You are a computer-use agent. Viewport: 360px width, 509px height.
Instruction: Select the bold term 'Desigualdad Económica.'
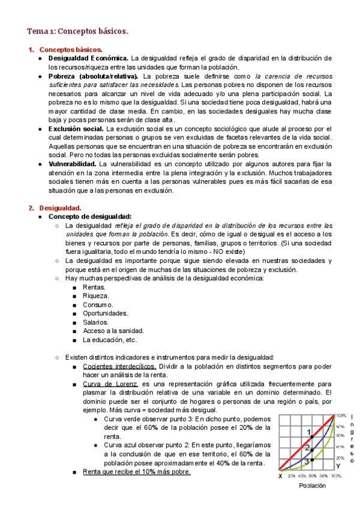[x=88, y=58]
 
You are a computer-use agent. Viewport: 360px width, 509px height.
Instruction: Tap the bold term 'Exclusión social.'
[x=76, y=129]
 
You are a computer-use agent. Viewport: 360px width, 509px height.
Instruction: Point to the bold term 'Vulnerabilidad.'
[x=73, y=164]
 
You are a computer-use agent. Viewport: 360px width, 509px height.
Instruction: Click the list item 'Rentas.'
[x=94, y=287]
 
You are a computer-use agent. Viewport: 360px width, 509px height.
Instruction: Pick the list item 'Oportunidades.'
[x=105, y=313]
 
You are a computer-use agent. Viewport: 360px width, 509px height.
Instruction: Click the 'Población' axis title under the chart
[x=313, y=486]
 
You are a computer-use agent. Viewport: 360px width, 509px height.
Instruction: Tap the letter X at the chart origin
[x=280, y=476]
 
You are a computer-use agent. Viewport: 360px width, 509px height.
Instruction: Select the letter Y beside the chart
[x=338, y=466]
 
